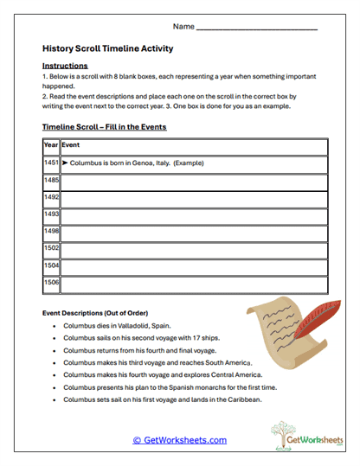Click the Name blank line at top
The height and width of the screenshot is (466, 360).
257,29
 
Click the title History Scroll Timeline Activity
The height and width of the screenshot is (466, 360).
107,49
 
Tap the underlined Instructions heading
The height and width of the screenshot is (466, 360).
65,66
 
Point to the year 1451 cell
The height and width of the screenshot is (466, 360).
51,163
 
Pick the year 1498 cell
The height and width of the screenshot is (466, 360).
51,233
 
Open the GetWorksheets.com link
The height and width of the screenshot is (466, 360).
180,440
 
